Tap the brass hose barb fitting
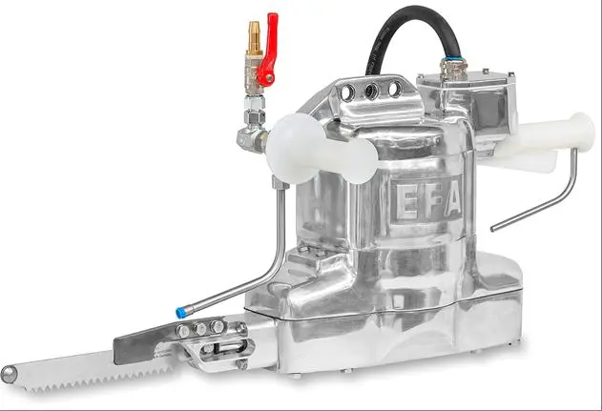click(x=254, y=37)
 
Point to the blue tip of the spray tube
click(x=180, y=313)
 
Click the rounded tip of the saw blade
click(x=9, y=374)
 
